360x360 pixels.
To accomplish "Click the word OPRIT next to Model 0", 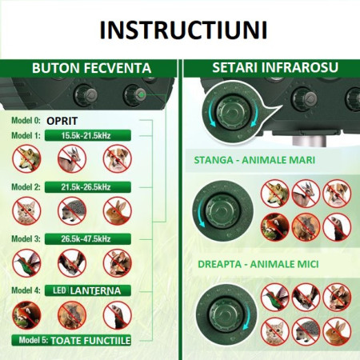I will [x=63, y=120].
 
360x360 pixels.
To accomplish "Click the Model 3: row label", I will [x=26, y=238].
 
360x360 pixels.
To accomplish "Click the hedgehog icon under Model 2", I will [x=73, y=210].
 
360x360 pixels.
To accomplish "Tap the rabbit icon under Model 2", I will [x=118, y=210].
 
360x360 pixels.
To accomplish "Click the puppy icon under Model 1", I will [x=118, y=160].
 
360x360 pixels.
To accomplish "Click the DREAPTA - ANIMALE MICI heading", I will [x=255, y=262].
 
